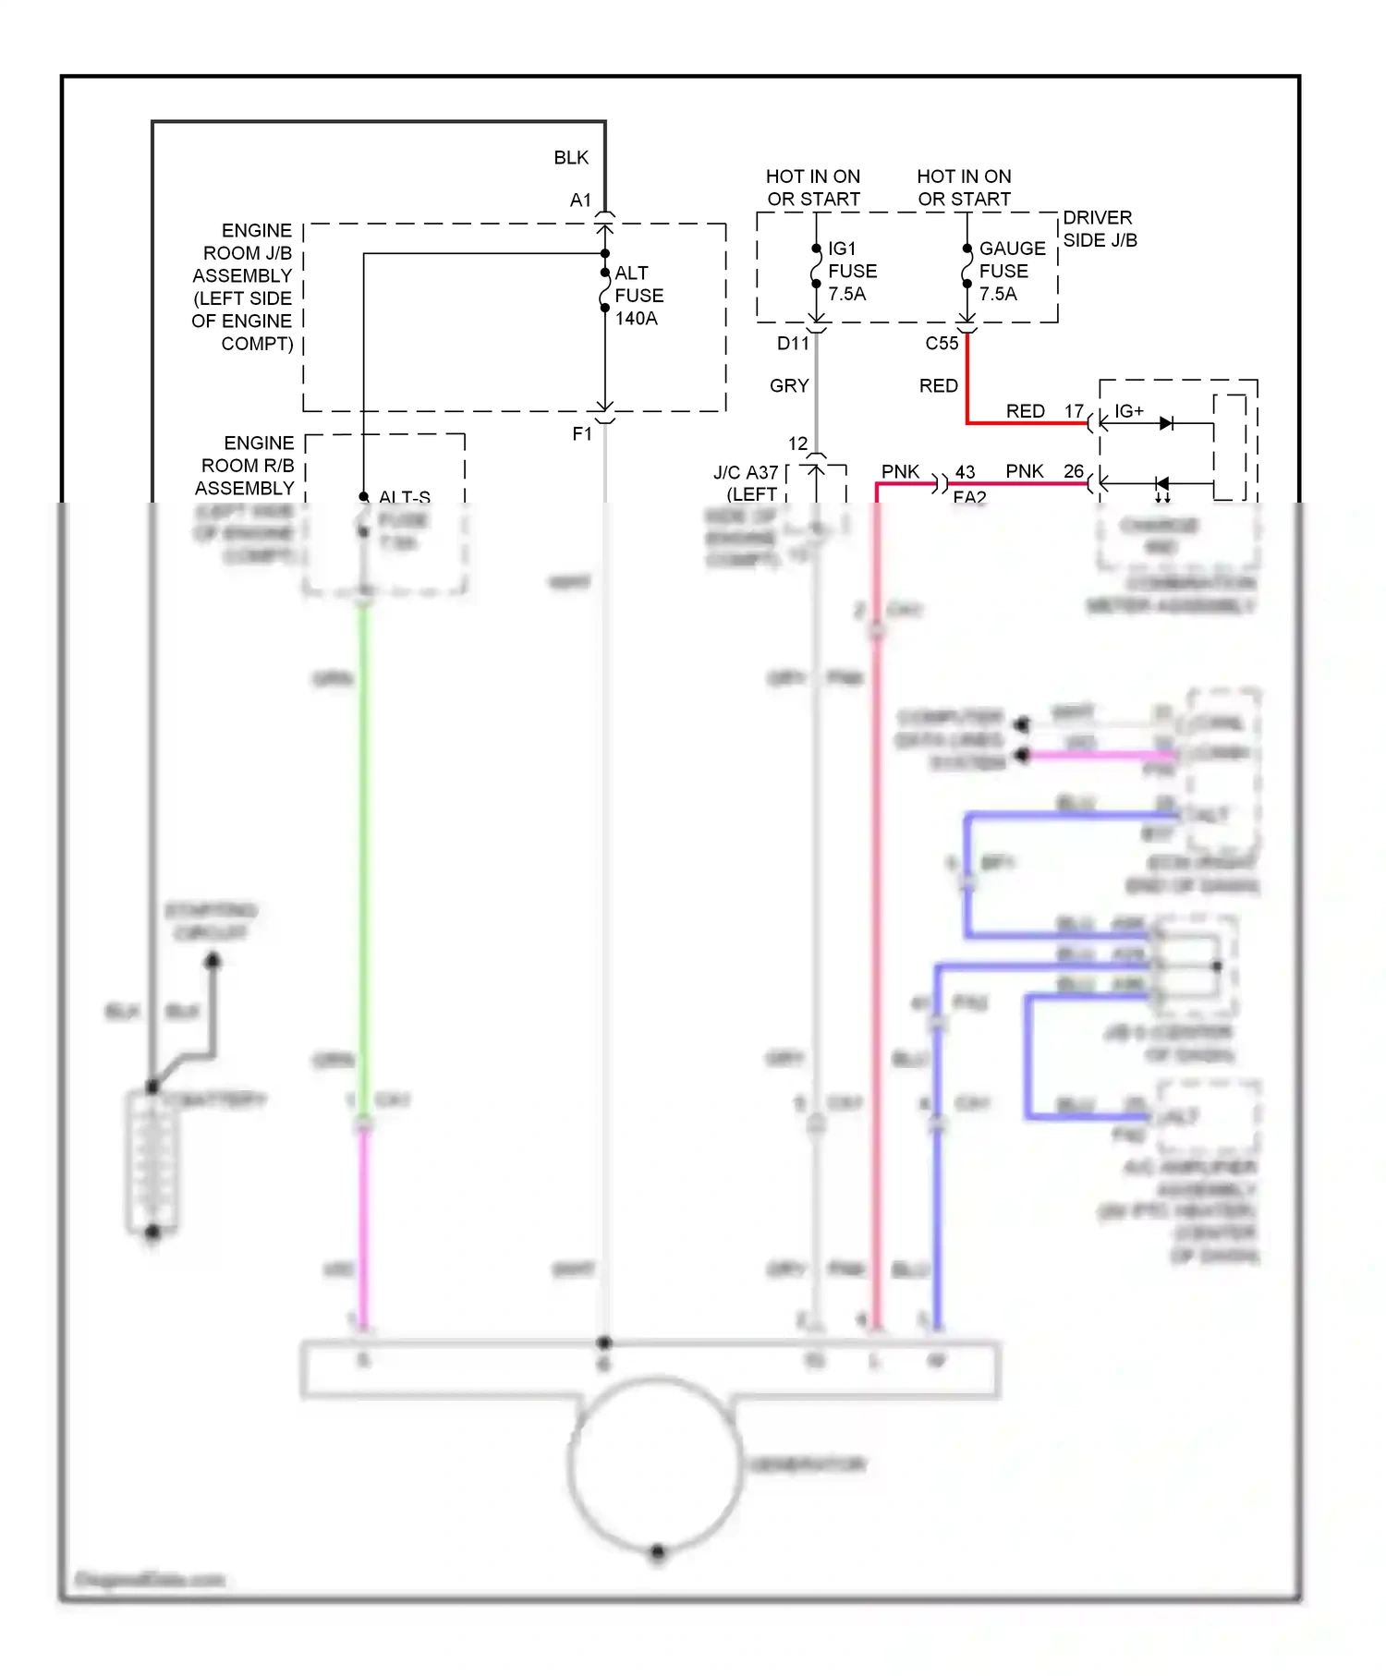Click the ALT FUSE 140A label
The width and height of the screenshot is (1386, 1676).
click(638, 296)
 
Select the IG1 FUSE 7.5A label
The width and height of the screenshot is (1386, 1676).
click(851, 271)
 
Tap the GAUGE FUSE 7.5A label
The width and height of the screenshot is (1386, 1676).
click(1011, 271)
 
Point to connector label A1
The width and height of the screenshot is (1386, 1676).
click(580, 200)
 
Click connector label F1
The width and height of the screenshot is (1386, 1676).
click(582, 433)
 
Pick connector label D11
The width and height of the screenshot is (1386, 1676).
click(793, 344)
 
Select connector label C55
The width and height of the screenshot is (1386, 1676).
click(942, 344)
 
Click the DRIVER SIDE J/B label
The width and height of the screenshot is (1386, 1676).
click(1099, 228)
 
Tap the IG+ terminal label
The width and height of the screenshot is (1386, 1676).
click(1128, 411)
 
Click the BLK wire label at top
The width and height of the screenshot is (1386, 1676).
click(571, 158)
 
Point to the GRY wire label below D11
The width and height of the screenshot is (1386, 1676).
click(789, 385)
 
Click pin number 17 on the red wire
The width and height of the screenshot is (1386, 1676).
click(1074, 411)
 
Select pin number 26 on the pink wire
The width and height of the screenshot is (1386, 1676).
click(1073, 471)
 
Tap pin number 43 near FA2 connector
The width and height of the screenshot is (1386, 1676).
click(965, 472)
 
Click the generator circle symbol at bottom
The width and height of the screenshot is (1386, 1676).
click(655, 1464)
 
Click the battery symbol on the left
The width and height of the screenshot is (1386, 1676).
click(152, 1161)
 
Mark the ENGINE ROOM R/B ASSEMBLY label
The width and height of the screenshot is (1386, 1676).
click(248, 465)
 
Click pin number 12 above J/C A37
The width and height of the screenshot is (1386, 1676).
click(797, 443)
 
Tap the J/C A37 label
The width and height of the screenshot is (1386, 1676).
click(746, 473)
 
